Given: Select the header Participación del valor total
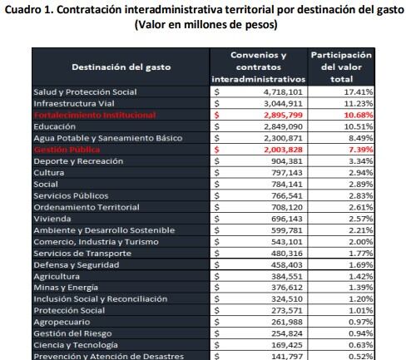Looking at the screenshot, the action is [x=341, y=67].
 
